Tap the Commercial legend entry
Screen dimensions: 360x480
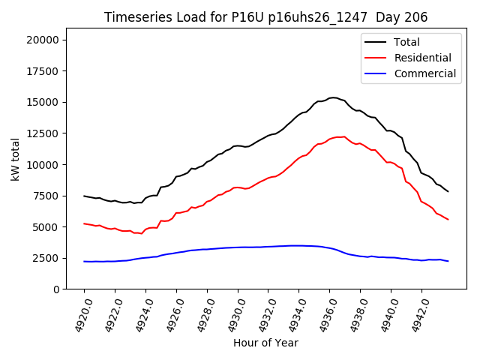[x=424, y=73]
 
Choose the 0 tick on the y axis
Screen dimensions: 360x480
[x=61, y=289]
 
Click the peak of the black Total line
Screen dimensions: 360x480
[x=333, y=97]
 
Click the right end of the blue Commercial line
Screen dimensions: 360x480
[x=448, y=261]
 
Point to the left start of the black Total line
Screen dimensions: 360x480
[x=84, y=196]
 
